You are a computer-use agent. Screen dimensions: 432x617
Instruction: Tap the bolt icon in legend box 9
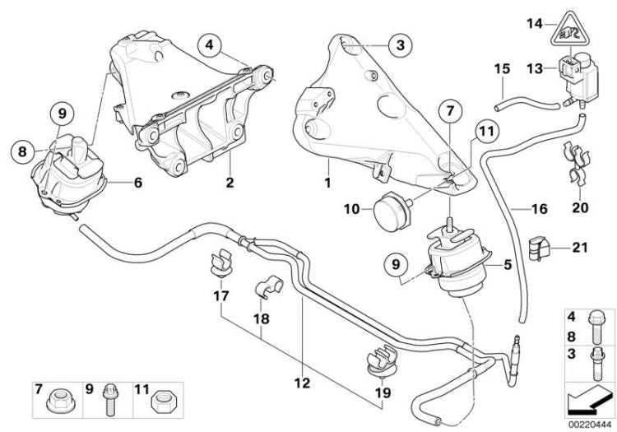point(109,404)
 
